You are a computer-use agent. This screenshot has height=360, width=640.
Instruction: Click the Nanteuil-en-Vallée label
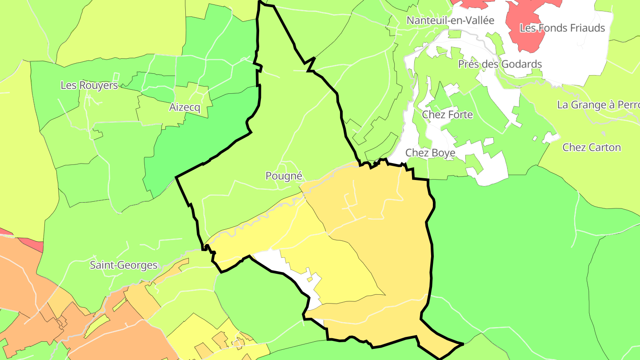[x=450, y=20]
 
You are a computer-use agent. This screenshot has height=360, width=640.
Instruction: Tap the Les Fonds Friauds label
[x=562, y=28]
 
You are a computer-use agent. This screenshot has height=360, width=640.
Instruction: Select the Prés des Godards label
[x=500, y=64]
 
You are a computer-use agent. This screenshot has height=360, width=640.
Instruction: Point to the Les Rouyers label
[x=89, y=85]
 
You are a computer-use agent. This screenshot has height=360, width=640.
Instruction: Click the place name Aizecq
[x=184, y=107]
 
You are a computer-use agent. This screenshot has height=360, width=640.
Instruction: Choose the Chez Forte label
[x=447, y=115]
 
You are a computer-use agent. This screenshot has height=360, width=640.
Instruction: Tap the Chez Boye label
[x=430, y=153]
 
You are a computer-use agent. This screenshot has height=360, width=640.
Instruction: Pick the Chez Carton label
[x=591, y=148]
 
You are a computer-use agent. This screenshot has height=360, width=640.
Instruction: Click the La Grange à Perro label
[x=598, y=105]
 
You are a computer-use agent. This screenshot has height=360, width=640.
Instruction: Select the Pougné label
[x=284, y=176]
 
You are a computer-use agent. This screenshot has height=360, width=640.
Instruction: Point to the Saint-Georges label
[x=124, y=265]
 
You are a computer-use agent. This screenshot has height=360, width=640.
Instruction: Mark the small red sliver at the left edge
[x=31, y=243]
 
